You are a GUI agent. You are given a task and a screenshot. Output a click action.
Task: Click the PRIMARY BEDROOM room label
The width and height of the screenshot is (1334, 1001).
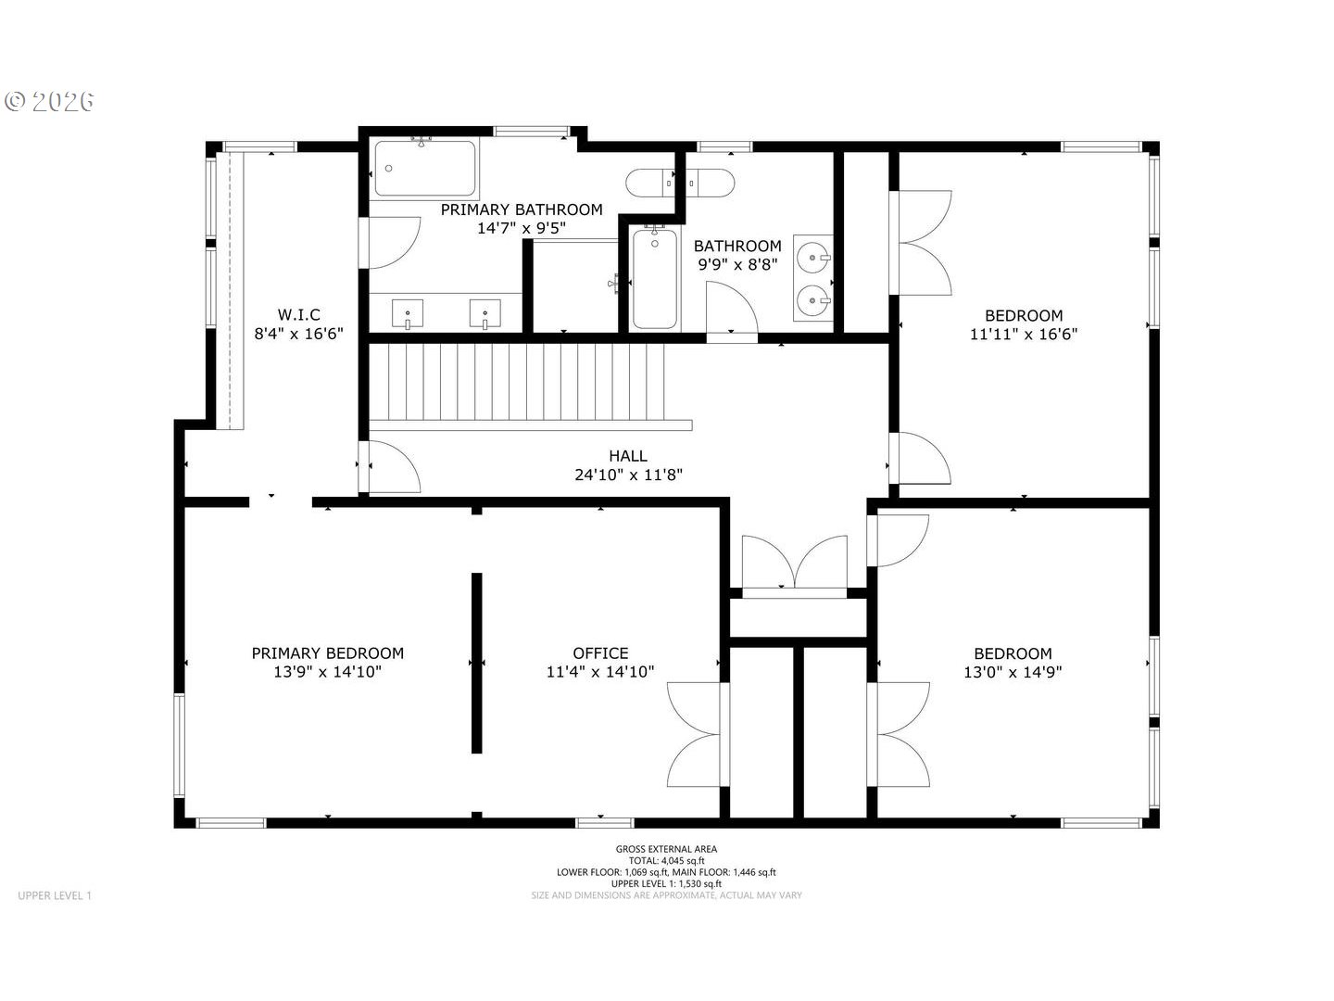click(x=328, y=653)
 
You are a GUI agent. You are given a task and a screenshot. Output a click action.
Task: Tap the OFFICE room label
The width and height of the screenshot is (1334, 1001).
click(x=600, y=653)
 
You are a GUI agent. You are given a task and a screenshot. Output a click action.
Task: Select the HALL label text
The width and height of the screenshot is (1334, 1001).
click(x=628, y=455)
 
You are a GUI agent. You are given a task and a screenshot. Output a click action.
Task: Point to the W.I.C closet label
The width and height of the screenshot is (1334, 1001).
click(x=298, y=314)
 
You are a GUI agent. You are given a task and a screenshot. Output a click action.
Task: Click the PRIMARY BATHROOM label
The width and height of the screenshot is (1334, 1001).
click(x=522, y=209)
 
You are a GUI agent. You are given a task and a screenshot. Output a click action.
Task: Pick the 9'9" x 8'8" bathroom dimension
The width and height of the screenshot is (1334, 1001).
click(x=737, y=264)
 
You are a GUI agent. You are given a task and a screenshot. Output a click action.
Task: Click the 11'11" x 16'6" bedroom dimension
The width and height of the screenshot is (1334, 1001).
click(x=1024, y=334)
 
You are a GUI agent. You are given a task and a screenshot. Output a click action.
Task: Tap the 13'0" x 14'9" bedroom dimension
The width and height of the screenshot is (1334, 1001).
click(x=1013, y=672)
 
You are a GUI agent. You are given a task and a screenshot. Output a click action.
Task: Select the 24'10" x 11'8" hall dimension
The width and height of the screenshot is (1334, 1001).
click(x=628, y=474)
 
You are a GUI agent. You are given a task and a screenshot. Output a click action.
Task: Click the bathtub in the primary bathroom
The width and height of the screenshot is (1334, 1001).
click(x=425, y=169)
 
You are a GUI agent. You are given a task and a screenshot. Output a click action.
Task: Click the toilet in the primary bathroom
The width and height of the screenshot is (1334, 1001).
click(x=649, y=183)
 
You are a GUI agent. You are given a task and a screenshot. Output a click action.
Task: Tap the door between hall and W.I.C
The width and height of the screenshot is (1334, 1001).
click(x=389, y=467)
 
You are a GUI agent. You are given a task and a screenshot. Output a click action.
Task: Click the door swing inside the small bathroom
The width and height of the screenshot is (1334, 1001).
click(x=732, y=307)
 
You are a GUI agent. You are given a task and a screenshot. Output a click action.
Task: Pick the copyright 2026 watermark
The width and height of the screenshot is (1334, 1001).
click(x=50, y=102)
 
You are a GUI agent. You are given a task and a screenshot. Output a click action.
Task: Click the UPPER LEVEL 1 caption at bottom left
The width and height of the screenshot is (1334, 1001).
click(x=55, y=895)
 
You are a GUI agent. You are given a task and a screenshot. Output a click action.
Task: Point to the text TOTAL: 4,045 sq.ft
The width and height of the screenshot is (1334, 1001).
click(x=666, y=861)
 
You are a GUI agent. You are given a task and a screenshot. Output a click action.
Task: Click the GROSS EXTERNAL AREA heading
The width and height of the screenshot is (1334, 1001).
click(x=666, y=849)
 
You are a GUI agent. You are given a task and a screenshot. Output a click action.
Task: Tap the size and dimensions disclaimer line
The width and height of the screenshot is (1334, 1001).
click(x=666, y=895)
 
